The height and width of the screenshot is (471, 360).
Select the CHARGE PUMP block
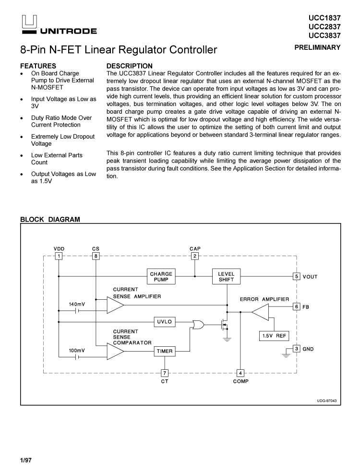pos(161,277)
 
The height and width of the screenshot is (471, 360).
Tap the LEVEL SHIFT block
pos(226,277)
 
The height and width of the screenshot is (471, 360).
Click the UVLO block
pos(164,321)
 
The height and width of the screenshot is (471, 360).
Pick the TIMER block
pos(164,351)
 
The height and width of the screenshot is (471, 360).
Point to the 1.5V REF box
pos(274,336)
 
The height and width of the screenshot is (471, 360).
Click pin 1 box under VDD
pos(59,256)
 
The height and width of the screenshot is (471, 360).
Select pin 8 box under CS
pos(96,256)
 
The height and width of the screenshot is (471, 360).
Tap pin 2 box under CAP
pos(195,256)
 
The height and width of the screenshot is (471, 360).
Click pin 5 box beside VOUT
pos(297,276)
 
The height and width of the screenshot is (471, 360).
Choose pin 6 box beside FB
pos(297,306)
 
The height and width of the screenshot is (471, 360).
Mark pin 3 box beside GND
pos(297,349)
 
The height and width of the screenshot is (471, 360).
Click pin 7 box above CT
pos(164,373)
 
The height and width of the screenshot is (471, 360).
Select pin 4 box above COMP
pos(240,373)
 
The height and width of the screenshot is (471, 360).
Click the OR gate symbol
pos(197,324)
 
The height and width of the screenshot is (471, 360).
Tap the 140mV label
pos(77,304)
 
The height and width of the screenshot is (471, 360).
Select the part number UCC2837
pos(324,26)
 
